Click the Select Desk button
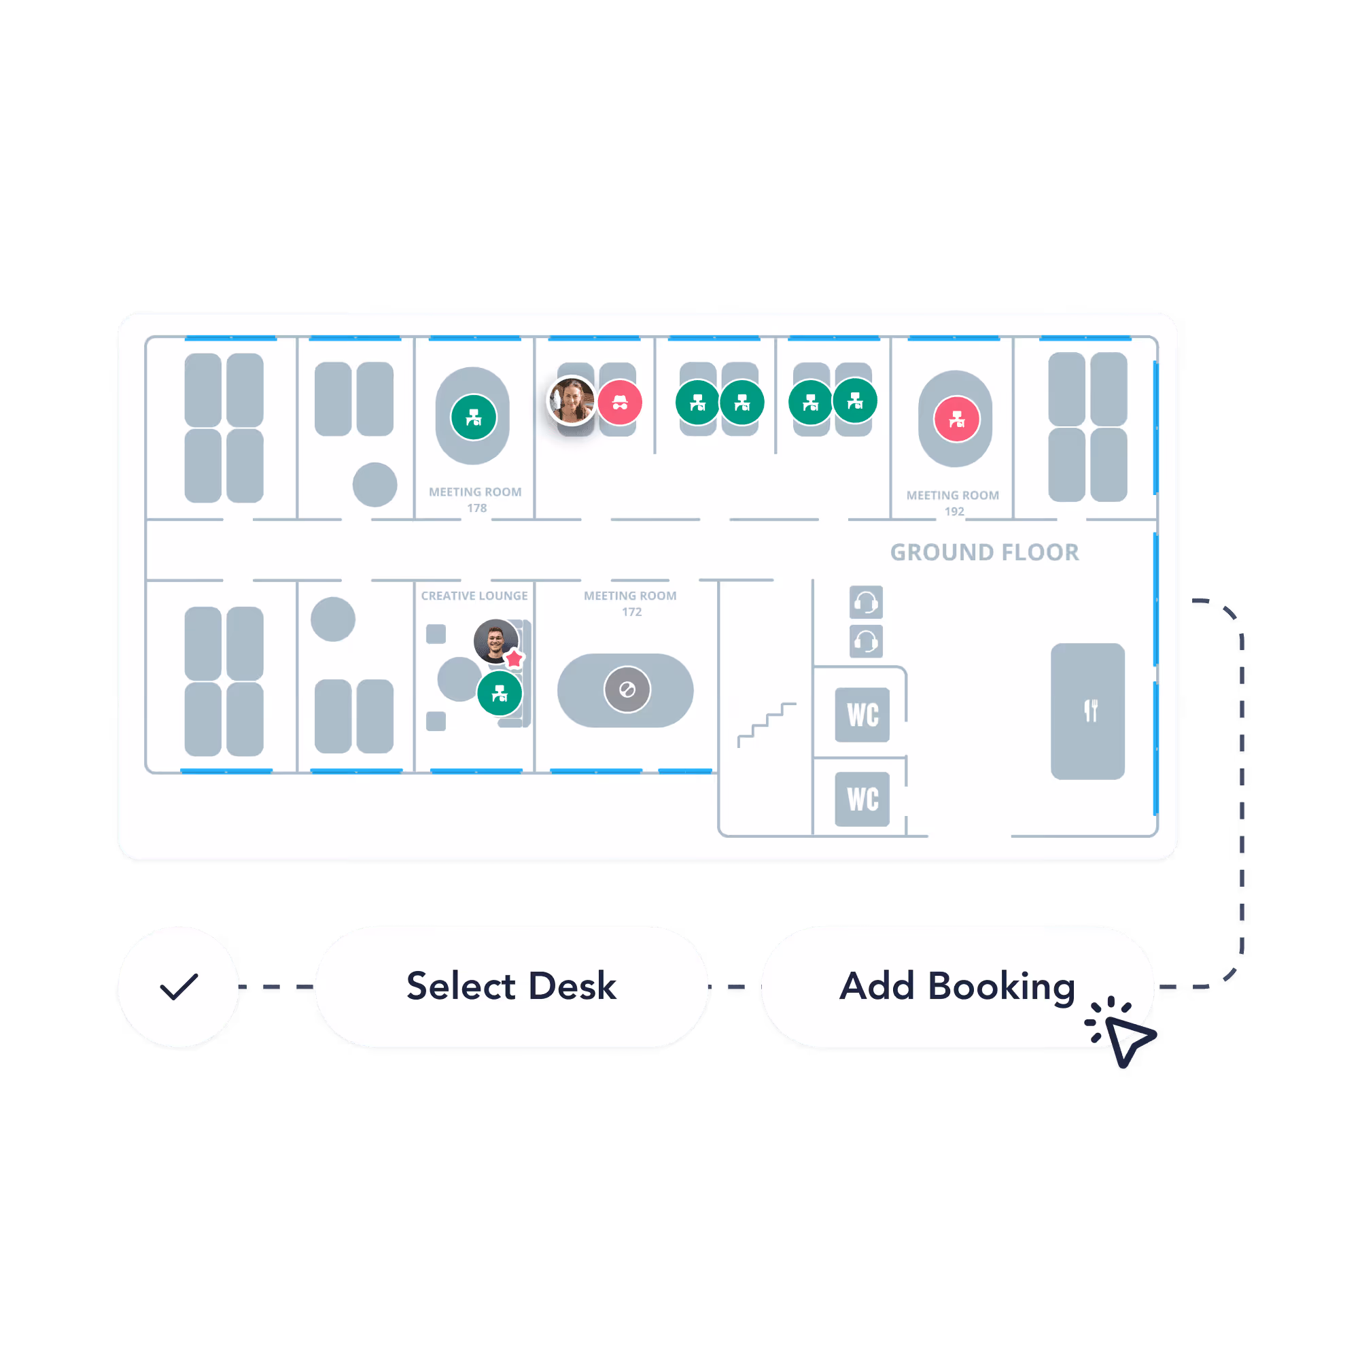point(511,986)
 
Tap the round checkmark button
point(179,986)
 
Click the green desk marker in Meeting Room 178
point(474,417)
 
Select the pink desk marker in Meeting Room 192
point(956,419)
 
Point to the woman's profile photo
point(571,401)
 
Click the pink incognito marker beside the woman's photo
point(619,402)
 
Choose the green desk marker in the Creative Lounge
point(499,693)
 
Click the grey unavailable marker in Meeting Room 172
point(627,690)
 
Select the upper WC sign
point(862,714)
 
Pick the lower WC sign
point(862,799)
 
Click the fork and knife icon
point(1090,711)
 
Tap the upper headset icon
point(865,602)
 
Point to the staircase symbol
point(766,724)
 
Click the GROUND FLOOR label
point(983,552)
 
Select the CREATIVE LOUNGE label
point(474,596)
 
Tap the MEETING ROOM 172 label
point(630,604)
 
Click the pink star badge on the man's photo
point(515,658)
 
